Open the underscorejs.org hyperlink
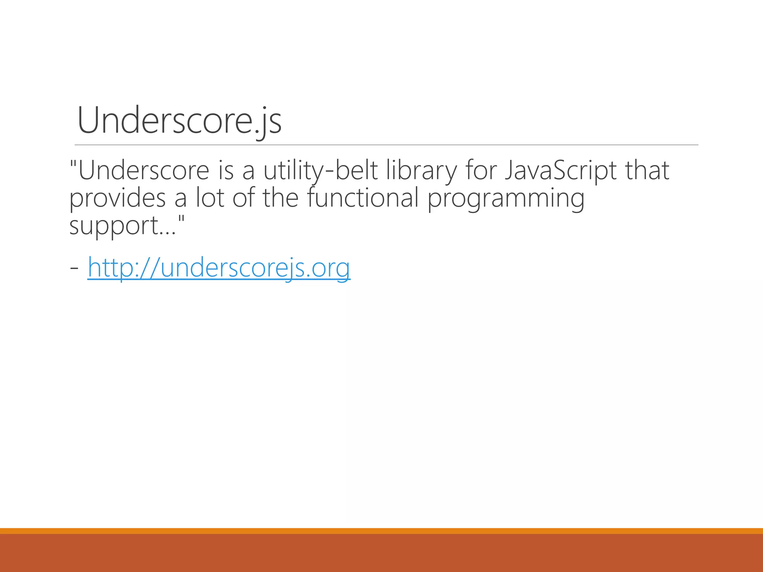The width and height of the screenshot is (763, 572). (x=219, y=267)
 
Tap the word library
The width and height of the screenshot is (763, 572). (x=421, y=171)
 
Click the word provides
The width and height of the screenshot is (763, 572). (x=117, y=198)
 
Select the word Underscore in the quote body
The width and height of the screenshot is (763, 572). (x=144, y=171)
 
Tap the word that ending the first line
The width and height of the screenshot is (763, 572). (x=647, y=171)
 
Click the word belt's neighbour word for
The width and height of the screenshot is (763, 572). (x=481, y=171)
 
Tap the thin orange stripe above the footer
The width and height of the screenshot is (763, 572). (x=381, y=531)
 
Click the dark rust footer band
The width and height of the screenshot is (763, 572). (x=381, y=553)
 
